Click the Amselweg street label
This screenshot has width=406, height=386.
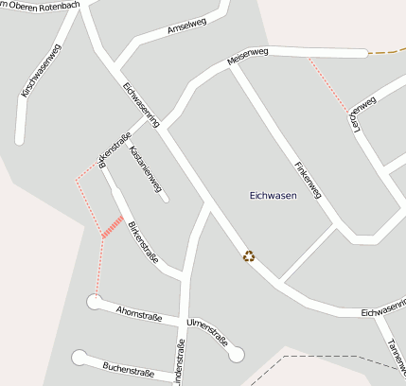186,29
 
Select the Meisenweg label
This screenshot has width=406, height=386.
249,59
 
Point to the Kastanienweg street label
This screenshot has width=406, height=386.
146,165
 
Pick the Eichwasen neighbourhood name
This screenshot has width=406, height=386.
273,196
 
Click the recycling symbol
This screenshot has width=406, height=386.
249,255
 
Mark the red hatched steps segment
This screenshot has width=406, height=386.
113,227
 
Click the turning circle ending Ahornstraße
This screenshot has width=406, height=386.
94,302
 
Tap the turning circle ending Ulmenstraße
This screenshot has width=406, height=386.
237,355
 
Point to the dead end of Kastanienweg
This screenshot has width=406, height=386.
166,199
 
